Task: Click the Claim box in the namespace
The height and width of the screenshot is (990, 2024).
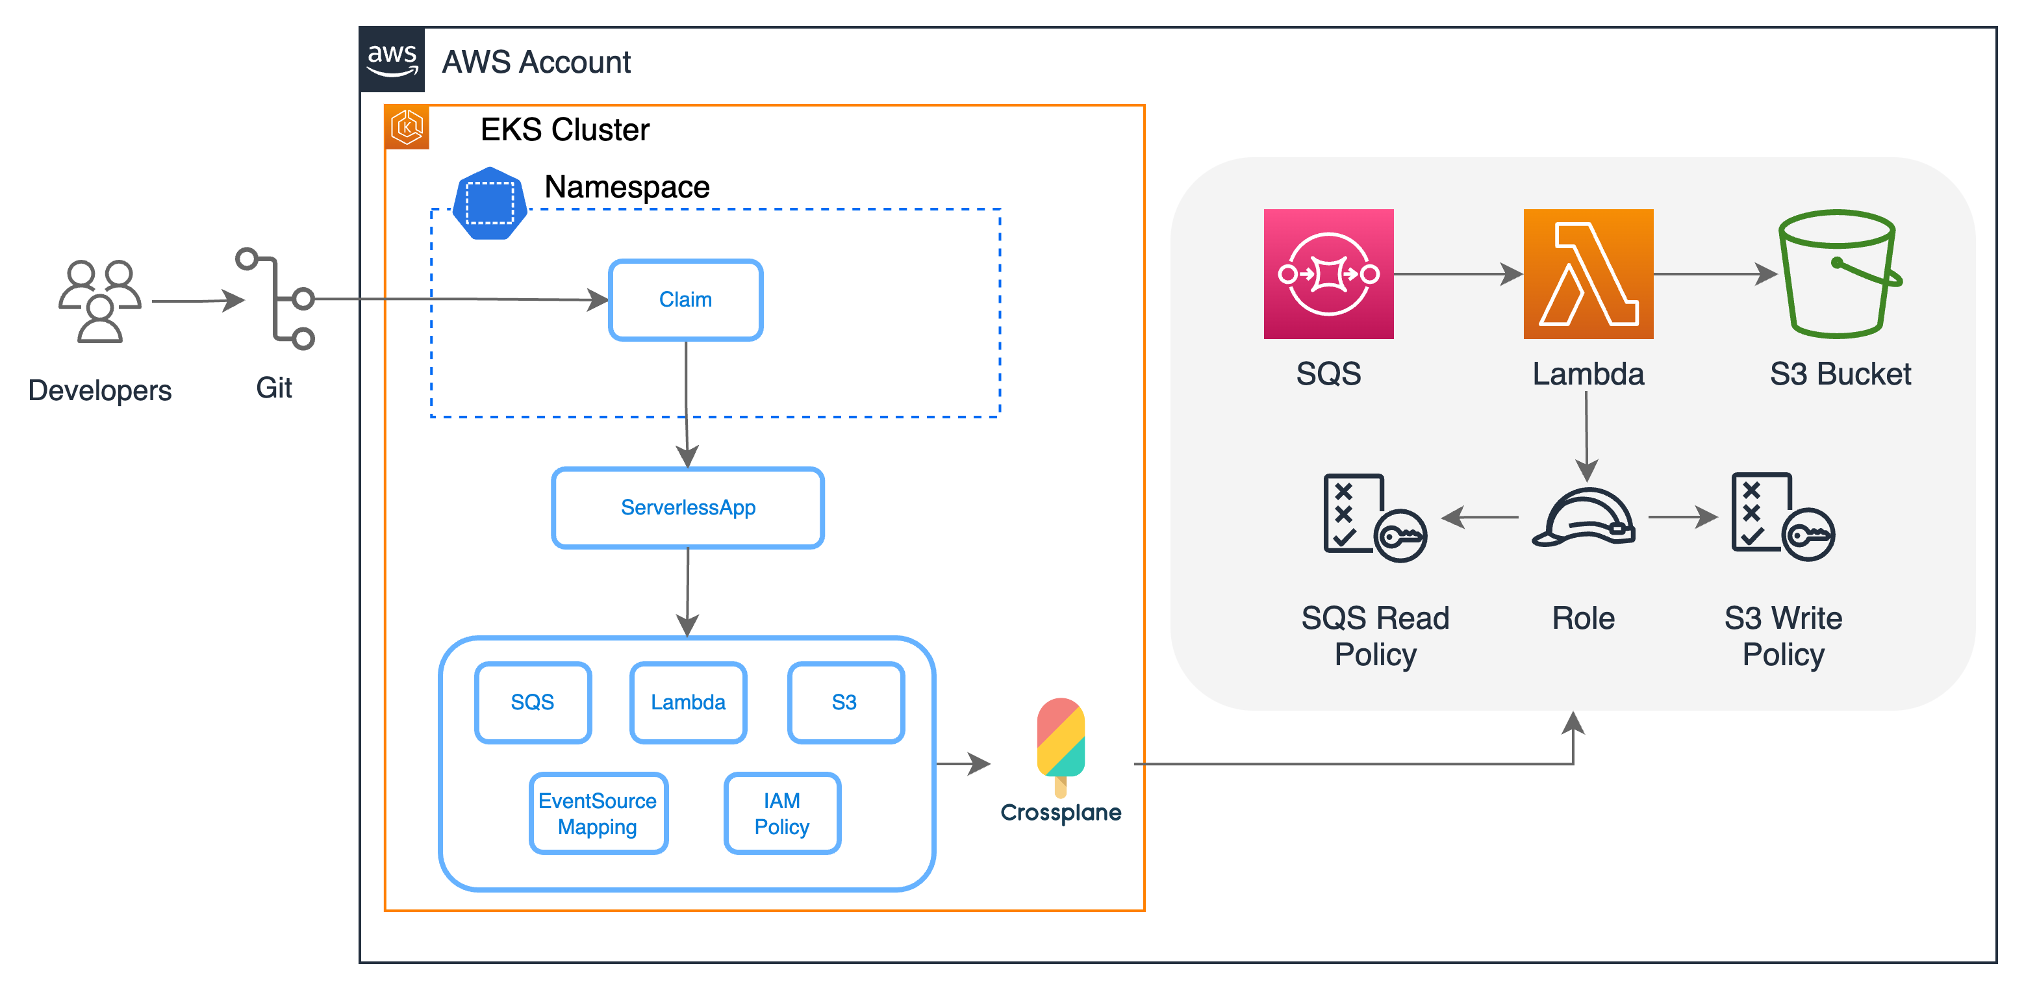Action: pos(685,299)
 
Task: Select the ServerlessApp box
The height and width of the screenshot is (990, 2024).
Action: pos(687,507)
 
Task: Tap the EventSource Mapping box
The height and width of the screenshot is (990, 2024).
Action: pos(598,813)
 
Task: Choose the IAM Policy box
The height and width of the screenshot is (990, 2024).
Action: pos(782,813)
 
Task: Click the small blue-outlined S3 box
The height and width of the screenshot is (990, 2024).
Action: pos(846,702)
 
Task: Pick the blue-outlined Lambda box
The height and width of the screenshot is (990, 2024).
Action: pos(689,702)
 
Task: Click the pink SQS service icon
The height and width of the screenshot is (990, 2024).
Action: pos(1328,274)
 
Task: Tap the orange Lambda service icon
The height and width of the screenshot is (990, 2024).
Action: pos(1588,274)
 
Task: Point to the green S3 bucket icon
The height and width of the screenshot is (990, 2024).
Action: pos(1840,274)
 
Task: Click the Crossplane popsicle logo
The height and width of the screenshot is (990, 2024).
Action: pos(1061,746)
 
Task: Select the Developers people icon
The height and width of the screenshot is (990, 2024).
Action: pos(100,301)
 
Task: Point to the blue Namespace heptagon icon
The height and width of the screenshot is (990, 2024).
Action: pos(490,203)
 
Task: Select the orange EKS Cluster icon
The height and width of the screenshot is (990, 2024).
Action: pos(407,127)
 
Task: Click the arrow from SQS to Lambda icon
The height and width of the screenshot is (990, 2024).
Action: pos(1458,274)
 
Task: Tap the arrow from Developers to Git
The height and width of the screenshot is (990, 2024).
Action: pos(198,300)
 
